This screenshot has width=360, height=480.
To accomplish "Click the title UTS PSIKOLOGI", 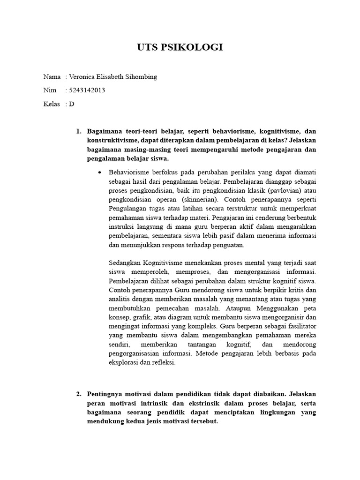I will coord(180,47).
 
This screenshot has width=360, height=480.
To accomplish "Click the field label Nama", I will coord(52,77).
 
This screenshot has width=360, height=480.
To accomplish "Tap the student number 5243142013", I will coord(87,90).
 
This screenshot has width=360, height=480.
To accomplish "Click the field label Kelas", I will coord(52,104).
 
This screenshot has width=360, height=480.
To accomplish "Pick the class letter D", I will coord(72,104).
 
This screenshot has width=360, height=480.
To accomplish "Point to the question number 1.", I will coord(79,131).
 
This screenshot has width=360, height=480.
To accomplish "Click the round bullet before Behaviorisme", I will coord(99,172).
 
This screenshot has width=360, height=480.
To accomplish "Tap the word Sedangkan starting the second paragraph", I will coord(125,262).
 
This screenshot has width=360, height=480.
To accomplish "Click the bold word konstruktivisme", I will coord(113,141).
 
